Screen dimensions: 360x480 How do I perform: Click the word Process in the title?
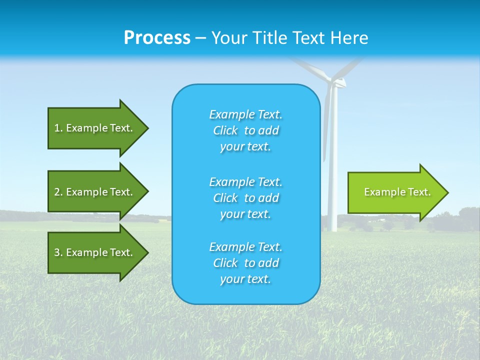coord(157,38)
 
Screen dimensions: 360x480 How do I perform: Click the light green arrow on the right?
coord(395,192)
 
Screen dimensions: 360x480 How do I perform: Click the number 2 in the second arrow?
coord(57,192)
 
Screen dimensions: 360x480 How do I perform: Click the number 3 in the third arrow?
coord(57,252)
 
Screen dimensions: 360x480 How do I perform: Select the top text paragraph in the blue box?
coord(246,130)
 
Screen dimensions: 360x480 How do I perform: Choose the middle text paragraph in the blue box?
coord(246,198)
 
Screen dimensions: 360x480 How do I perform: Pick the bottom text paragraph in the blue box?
coord(246,263)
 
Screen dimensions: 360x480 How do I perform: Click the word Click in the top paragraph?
coord(225,130)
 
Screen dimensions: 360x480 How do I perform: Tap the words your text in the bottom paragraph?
coord(245,279)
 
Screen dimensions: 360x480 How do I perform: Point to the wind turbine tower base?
coord(332,227)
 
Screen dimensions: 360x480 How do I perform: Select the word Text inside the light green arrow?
coord(419,192)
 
